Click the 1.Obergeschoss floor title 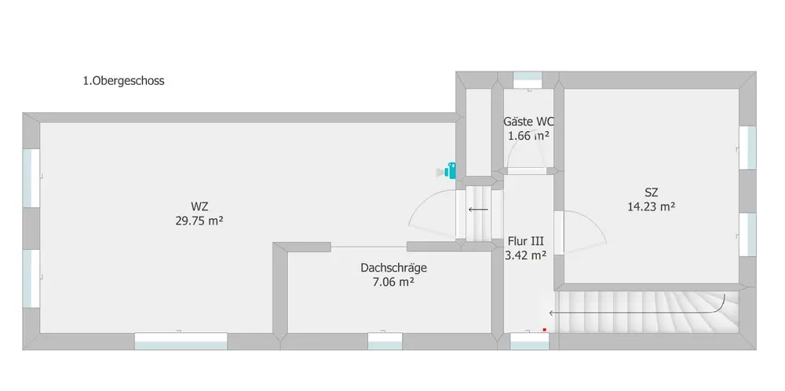tap(123, 81)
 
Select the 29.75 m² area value tap(199, 221)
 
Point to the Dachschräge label tap(394, 268)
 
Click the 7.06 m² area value tap(393, 282)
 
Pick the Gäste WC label tap(528, 122)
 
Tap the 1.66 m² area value tap(528, 136)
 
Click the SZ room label tap(651, 192)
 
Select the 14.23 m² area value tap(651, 207)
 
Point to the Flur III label tap(526, 241)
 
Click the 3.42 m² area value tap(526, 255)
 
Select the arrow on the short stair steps tap(478, 210)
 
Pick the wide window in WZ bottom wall tap(181, 341)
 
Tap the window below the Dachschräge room tap(385, 341)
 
